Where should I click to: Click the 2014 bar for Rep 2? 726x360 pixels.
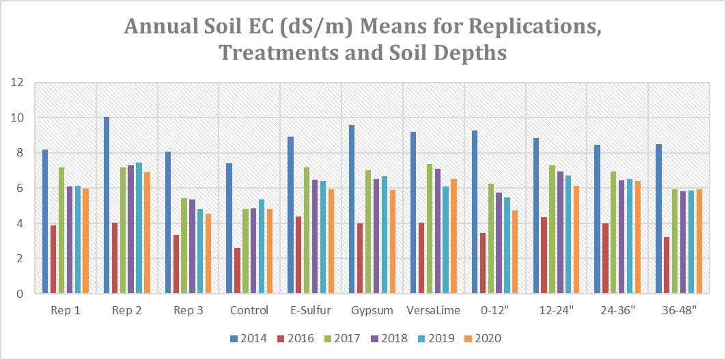pos(107,205)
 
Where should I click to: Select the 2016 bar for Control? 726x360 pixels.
pos(237,271)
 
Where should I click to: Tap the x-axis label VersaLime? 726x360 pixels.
pos(434,311)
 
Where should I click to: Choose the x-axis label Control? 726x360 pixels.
pos(249,311)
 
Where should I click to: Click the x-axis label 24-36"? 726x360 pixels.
pos(617,311)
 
